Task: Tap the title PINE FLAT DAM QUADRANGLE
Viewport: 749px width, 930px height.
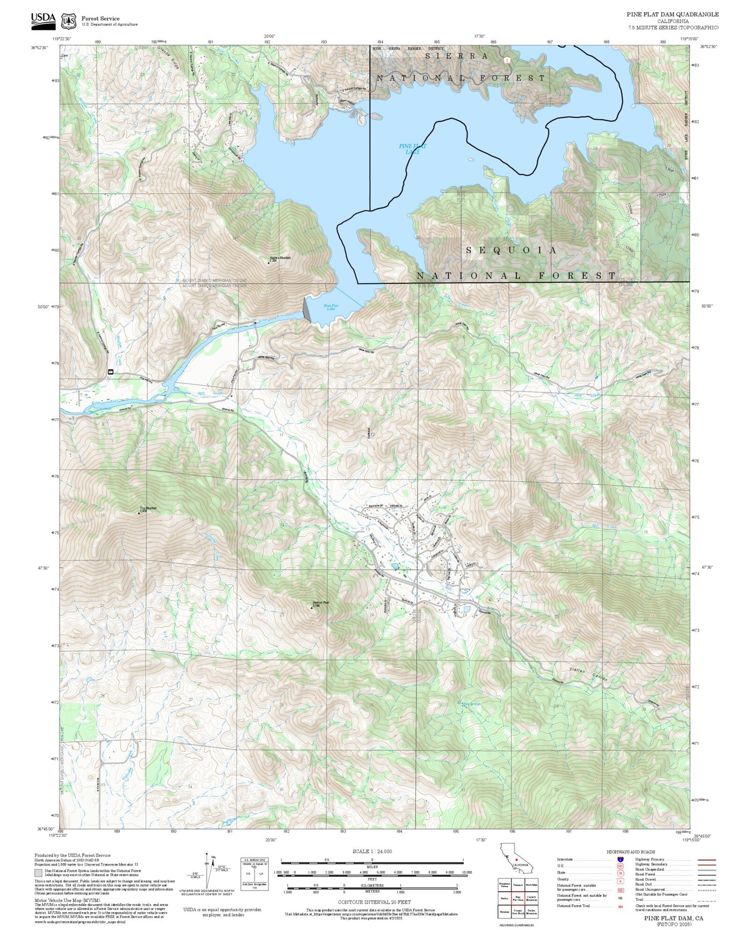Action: point(672,15)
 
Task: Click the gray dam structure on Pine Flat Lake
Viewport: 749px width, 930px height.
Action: point(306,309)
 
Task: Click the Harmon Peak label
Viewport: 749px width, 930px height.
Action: point(321,602)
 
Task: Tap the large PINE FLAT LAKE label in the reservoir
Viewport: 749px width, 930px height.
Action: point(413,149)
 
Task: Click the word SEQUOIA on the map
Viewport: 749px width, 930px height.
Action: point(512,250)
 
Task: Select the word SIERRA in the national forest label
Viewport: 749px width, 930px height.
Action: point(456,56)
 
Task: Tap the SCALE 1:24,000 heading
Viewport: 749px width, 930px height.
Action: point(372,851)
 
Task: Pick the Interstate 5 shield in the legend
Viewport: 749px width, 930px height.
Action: point(620,859)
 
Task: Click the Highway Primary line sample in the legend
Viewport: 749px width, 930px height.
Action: point(706,859)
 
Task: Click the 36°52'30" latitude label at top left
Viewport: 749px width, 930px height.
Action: point(39,47)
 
